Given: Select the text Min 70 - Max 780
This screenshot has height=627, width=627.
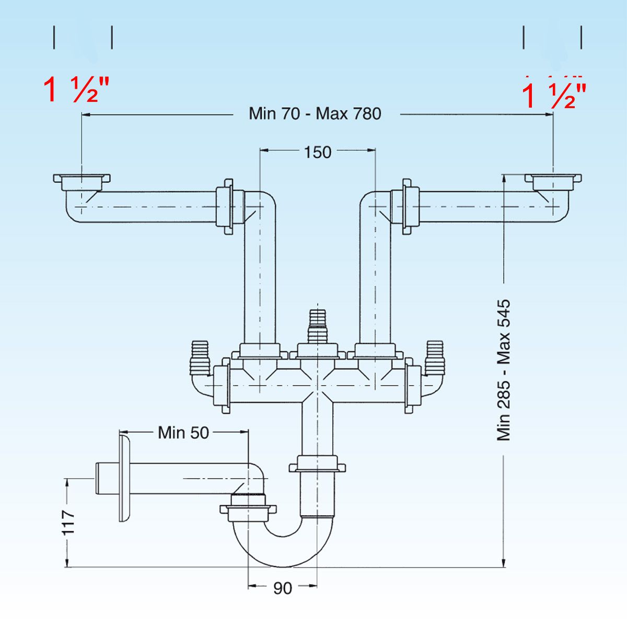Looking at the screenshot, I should pyautogui.click(x=315, y=113).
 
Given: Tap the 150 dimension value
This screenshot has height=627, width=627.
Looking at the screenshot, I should pyautogui.click(x=318, y=152).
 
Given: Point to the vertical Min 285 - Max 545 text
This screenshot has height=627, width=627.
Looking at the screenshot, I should pyautogui.click(x=503, y=370).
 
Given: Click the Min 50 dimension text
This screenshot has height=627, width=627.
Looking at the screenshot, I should pyautogui.click(x=183, y=433).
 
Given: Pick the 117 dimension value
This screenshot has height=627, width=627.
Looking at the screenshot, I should pyautogui.click(x=68, y=522).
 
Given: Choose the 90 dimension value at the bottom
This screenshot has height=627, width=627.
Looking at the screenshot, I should pyautogui.click(x=283, y=588).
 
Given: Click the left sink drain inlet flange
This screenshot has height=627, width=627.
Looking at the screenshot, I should pyautogui.click(x=82, y=179).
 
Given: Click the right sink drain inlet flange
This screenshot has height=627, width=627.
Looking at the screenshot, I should pyautogui.click(x=554, y=179).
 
